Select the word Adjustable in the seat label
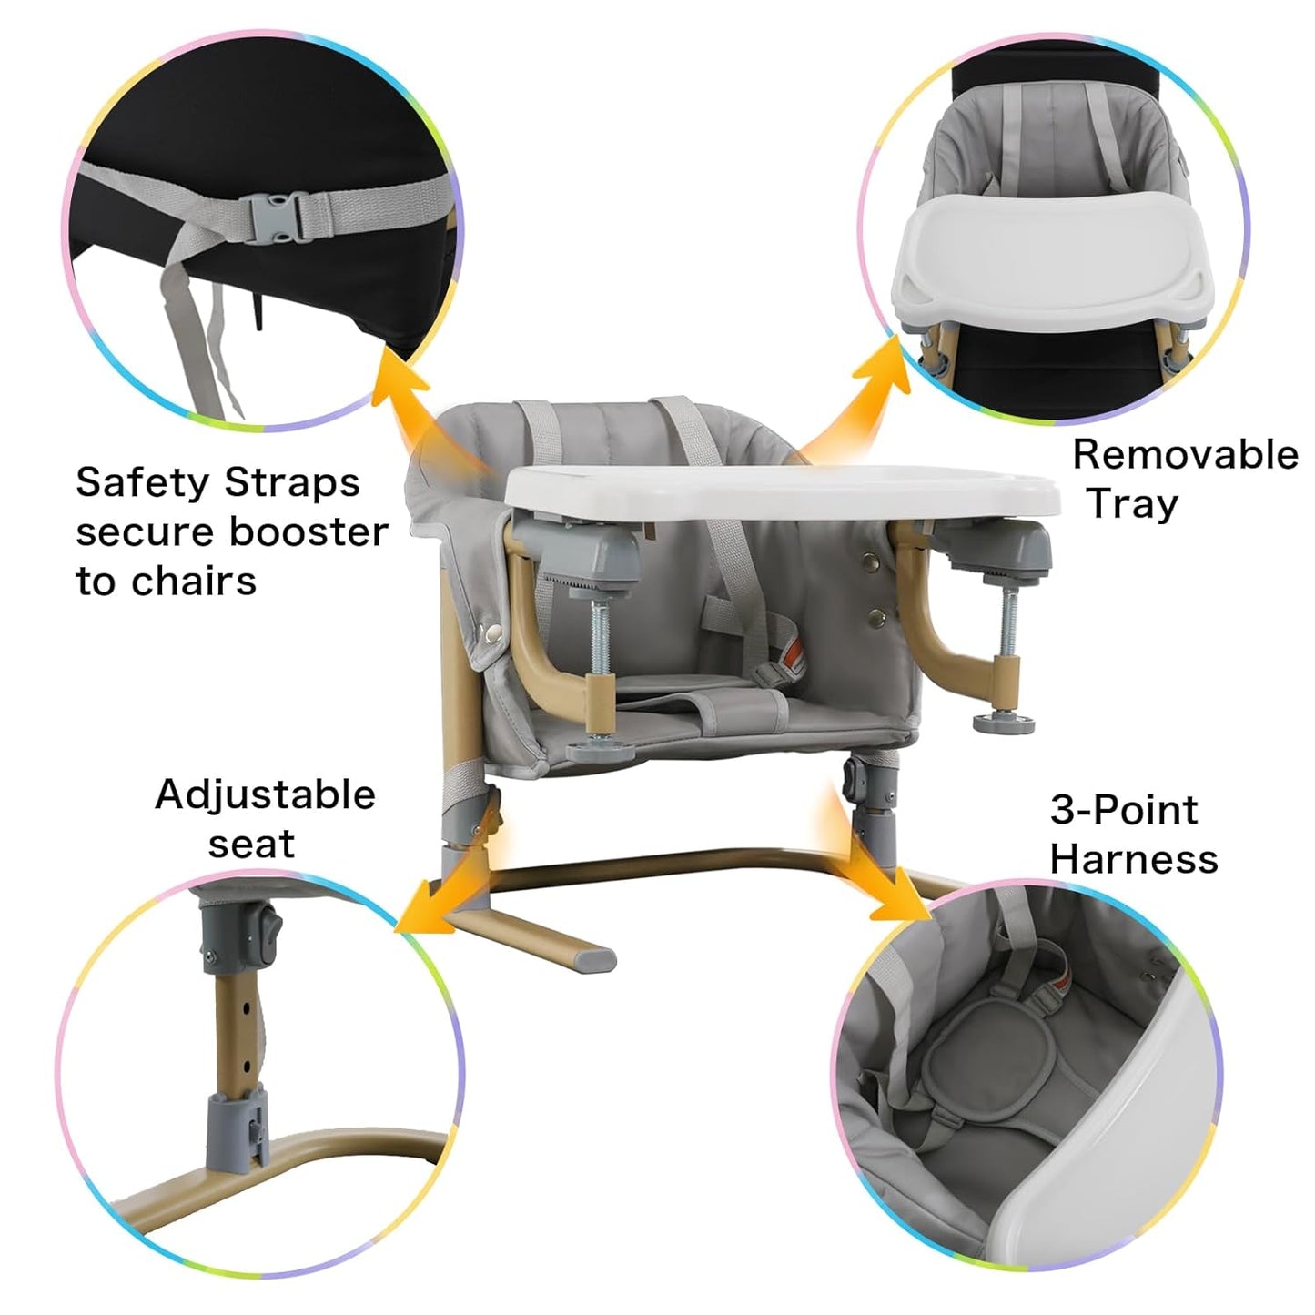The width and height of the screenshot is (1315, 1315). pos(265,794)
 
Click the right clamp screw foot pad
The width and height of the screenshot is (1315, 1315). pos(1003,723)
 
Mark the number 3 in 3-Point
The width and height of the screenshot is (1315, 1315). pos(1062,809)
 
